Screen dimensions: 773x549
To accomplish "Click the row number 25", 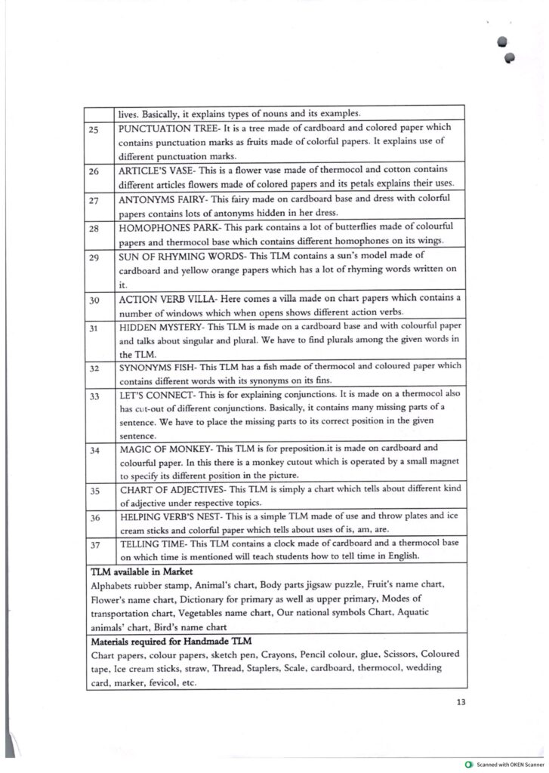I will click(94, 129).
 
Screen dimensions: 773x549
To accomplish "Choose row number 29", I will click(94, 257).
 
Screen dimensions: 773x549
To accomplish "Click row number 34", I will click(94, 450).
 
